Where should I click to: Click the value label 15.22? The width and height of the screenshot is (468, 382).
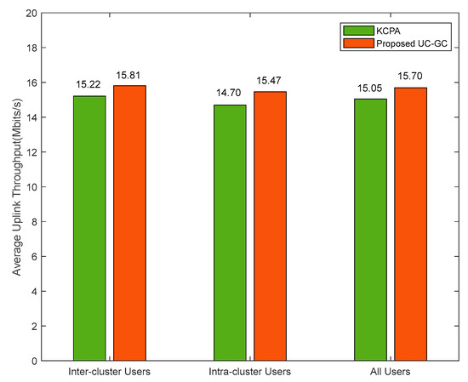pos(89,85)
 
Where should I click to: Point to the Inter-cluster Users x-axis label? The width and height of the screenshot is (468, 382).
pos(110,373)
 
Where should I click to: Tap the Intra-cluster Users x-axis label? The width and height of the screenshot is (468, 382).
pos(249,373)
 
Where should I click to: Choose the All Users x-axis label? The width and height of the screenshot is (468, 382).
pos(389,373)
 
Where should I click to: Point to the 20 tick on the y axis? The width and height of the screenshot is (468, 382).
pos(31,14)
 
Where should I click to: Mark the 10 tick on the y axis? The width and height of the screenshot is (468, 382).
pos(31,187)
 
